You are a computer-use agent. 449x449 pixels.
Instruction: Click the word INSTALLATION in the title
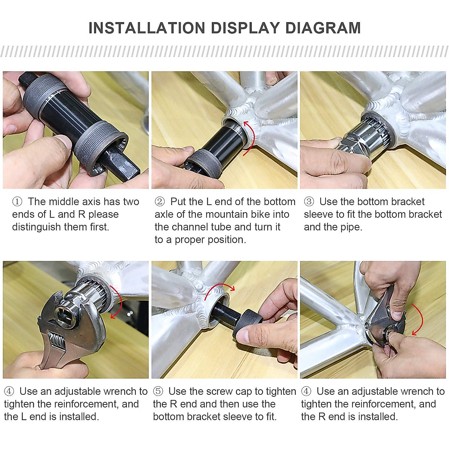[x=147, y=28]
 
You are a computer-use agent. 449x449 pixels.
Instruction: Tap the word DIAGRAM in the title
[x=323, y=28]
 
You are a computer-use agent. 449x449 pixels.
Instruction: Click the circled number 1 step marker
[x=17, y=202]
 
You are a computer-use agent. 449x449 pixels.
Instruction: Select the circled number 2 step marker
[x=160, y=202]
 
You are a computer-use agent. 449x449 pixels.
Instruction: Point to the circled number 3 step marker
[x=309, y=202]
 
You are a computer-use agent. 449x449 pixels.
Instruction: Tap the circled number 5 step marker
[x=158, y=391]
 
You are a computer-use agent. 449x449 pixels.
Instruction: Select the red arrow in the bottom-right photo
[x=419, y=320]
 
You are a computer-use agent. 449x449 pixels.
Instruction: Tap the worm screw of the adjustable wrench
[x=58, y=342]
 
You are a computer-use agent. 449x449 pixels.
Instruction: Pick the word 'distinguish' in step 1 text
[x=36, y=227]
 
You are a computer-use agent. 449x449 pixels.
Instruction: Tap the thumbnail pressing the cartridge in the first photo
[x=64, y=142]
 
